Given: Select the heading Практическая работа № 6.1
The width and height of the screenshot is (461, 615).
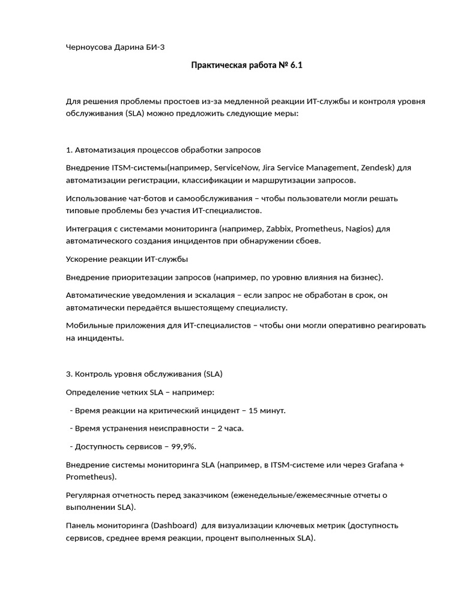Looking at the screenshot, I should [x=247, y=65].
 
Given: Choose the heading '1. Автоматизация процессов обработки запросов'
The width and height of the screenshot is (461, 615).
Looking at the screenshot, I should [x=163, y=149].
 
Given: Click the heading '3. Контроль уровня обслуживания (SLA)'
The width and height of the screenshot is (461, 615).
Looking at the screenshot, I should [x=143, y=374].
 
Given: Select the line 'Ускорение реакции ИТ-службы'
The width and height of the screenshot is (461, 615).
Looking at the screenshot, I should [x=126, y=259].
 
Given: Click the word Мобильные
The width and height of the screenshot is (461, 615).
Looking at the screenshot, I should [x=89, y=326].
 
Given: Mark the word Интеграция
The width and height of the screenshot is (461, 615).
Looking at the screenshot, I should [x=89, y=229].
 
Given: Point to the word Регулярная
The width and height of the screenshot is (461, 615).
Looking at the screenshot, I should [x=88, y=495].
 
